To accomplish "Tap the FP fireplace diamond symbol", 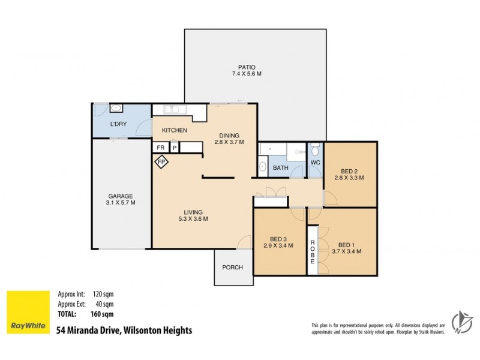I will point(161,161).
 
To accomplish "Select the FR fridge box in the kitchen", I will point(161,147).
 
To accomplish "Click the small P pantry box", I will point(175,147).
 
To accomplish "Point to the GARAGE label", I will point(121,196).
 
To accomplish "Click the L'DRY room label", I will point(118,124).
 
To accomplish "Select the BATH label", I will point(280,168).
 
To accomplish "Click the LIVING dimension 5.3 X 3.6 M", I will point(193,219).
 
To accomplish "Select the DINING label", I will point(229,135).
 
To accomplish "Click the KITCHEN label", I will point(175,130).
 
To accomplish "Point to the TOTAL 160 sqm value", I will point(103,314).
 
